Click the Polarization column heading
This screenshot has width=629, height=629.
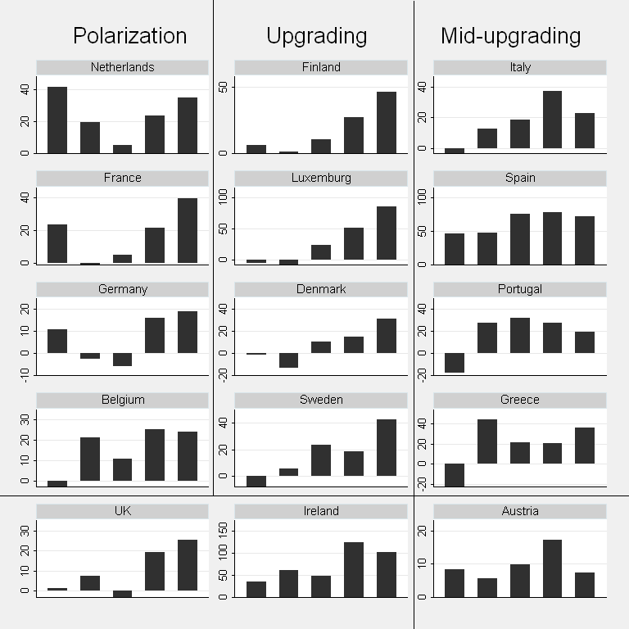[129, 36]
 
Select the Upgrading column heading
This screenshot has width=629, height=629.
[316, 36]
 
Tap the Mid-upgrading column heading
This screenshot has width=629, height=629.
[510, 36]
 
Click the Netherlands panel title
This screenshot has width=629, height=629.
[122, 67]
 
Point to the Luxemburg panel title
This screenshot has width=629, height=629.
[321, 178]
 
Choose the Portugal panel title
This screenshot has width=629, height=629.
[519, 289]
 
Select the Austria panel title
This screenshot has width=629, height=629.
[519, 511]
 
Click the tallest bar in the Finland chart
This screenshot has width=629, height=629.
[387, 122]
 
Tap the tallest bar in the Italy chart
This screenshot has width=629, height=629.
[552, 120]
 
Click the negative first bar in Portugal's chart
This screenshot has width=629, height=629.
[454, 363]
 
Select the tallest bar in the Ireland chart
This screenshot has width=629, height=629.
[354, 569]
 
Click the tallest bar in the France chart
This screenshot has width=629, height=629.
[188, 230]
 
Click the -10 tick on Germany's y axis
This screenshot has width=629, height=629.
[28, 375]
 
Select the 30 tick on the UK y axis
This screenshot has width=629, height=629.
[28, 531]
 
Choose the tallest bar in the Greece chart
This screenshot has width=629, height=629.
[486, 441]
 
